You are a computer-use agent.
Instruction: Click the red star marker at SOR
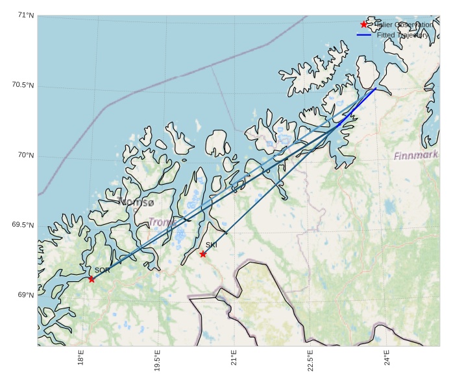[91, 279]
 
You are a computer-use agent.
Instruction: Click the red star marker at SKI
[203, 254]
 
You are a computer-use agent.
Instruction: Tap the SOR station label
[102, 270]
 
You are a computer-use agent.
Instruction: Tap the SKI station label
[212, 245]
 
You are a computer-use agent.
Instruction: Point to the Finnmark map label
[416, 156]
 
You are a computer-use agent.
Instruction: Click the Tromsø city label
[136, 202]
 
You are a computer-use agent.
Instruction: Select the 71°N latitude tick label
[26, 16]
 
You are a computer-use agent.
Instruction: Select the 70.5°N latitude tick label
[23, 86]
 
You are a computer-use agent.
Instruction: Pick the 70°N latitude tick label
[26, 156]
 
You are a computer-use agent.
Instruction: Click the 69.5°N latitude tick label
[23, 226]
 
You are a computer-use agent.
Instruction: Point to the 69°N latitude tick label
[26, 296]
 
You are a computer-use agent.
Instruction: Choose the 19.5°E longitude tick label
[158, 360]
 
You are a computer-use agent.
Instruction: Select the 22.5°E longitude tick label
[311, 360]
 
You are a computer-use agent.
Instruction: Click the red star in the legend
[364, 25]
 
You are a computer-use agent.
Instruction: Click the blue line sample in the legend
[364, 35]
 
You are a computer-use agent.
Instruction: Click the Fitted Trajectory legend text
[402, 35]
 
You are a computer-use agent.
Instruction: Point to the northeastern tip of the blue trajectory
[376, 89]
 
